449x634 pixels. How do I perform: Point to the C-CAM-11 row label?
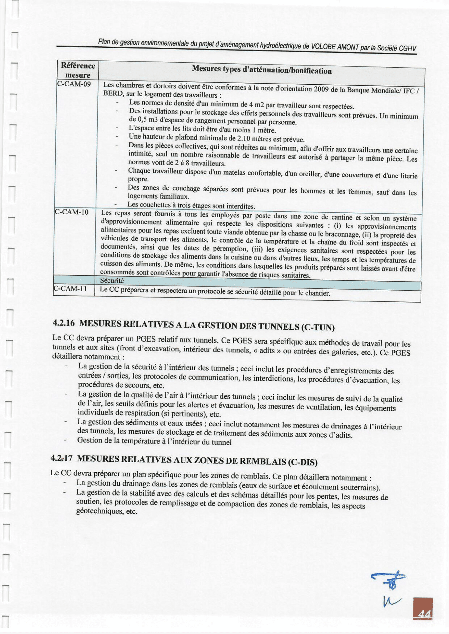tap(70, 289)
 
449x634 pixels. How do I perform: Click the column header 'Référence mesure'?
tap(78, 71)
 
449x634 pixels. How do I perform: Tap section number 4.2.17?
tap(61, 458)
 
